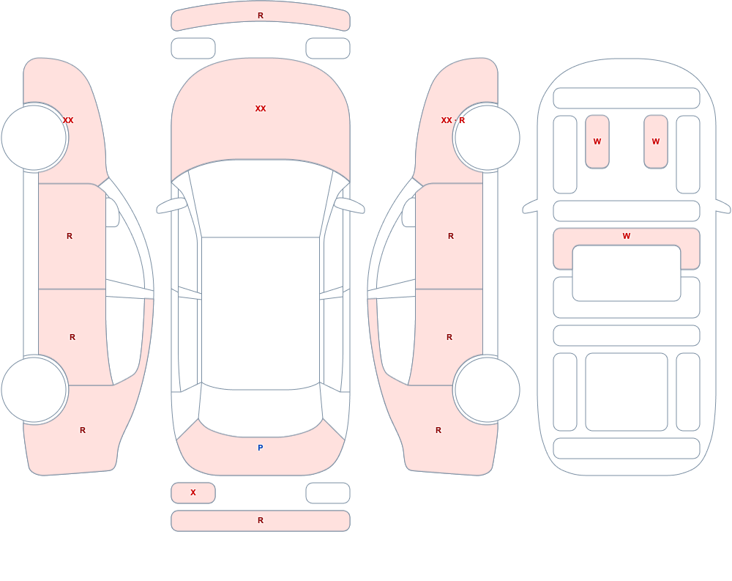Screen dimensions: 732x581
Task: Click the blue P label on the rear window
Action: point(261,448)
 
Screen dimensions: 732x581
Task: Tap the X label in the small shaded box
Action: point(193,492)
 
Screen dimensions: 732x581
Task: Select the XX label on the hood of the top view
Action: point(261,108)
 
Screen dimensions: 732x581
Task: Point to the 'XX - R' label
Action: point(453,120)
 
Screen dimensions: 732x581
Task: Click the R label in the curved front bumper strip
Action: point(261,15)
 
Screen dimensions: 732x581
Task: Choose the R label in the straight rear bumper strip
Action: point(261,520)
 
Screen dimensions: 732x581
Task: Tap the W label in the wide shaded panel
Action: point(627,236)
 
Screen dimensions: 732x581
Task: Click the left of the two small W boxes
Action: point(597,141)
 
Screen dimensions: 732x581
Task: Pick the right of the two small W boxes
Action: point(656,141)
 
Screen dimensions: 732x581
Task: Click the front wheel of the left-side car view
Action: point(34,138)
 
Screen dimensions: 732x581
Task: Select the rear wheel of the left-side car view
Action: point(34,389)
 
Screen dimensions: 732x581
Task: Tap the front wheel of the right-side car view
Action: point(487,138)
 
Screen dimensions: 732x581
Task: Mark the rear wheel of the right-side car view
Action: point(487,389)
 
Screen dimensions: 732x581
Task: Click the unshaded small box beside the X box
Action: point(328,493)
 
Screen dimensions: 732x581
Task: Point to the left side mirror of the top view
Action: point(171,206)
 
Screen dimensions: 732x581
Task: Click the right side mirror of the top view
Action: point(350,206)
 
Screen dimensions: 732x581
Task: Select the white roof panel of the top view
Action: point(261,313)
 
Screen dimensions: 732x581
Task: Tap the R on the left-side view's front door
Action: point(70,236)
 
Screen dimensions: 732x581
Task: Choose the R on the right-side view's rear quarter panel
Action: point(438,430)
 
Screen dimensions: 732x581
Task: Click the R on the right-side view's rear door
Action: point(449,337)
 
